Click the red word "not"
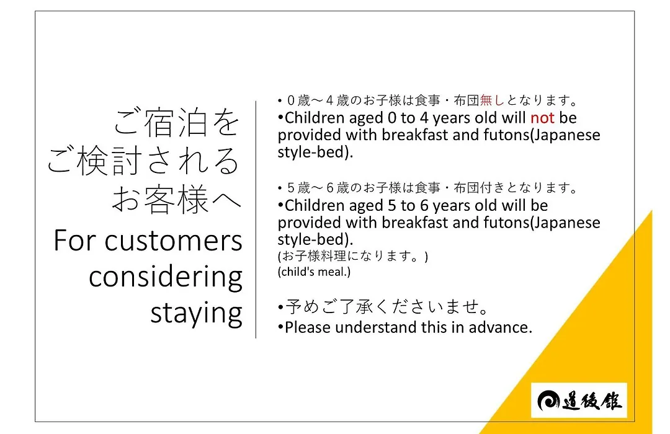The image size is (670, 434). (x=542, y=118)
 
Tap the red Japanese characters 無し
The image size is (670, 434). (x=492, y=100)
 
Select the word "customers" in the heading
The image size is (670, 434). (x=174, y=241)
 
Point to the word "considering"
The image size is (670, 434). (x=166, y=278)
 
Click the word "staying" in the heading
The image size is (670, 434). (x=197, y=314)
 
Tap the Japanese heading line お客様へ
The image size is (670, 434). (x=176, y=199)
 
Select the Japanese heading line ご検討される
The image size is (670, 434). (x=143, y=161)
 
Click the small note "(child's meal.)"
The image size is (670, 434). (x=314, y=272)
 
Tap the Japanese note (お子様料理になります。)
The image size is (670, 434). (x=353, y=256)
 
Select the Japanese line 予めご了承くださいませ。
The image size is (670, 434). (x=386, y=307)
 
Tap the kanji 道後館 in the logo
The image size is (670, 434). (x=592, y=401)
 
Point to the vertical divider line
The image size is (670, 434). (x=256, y=219)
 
